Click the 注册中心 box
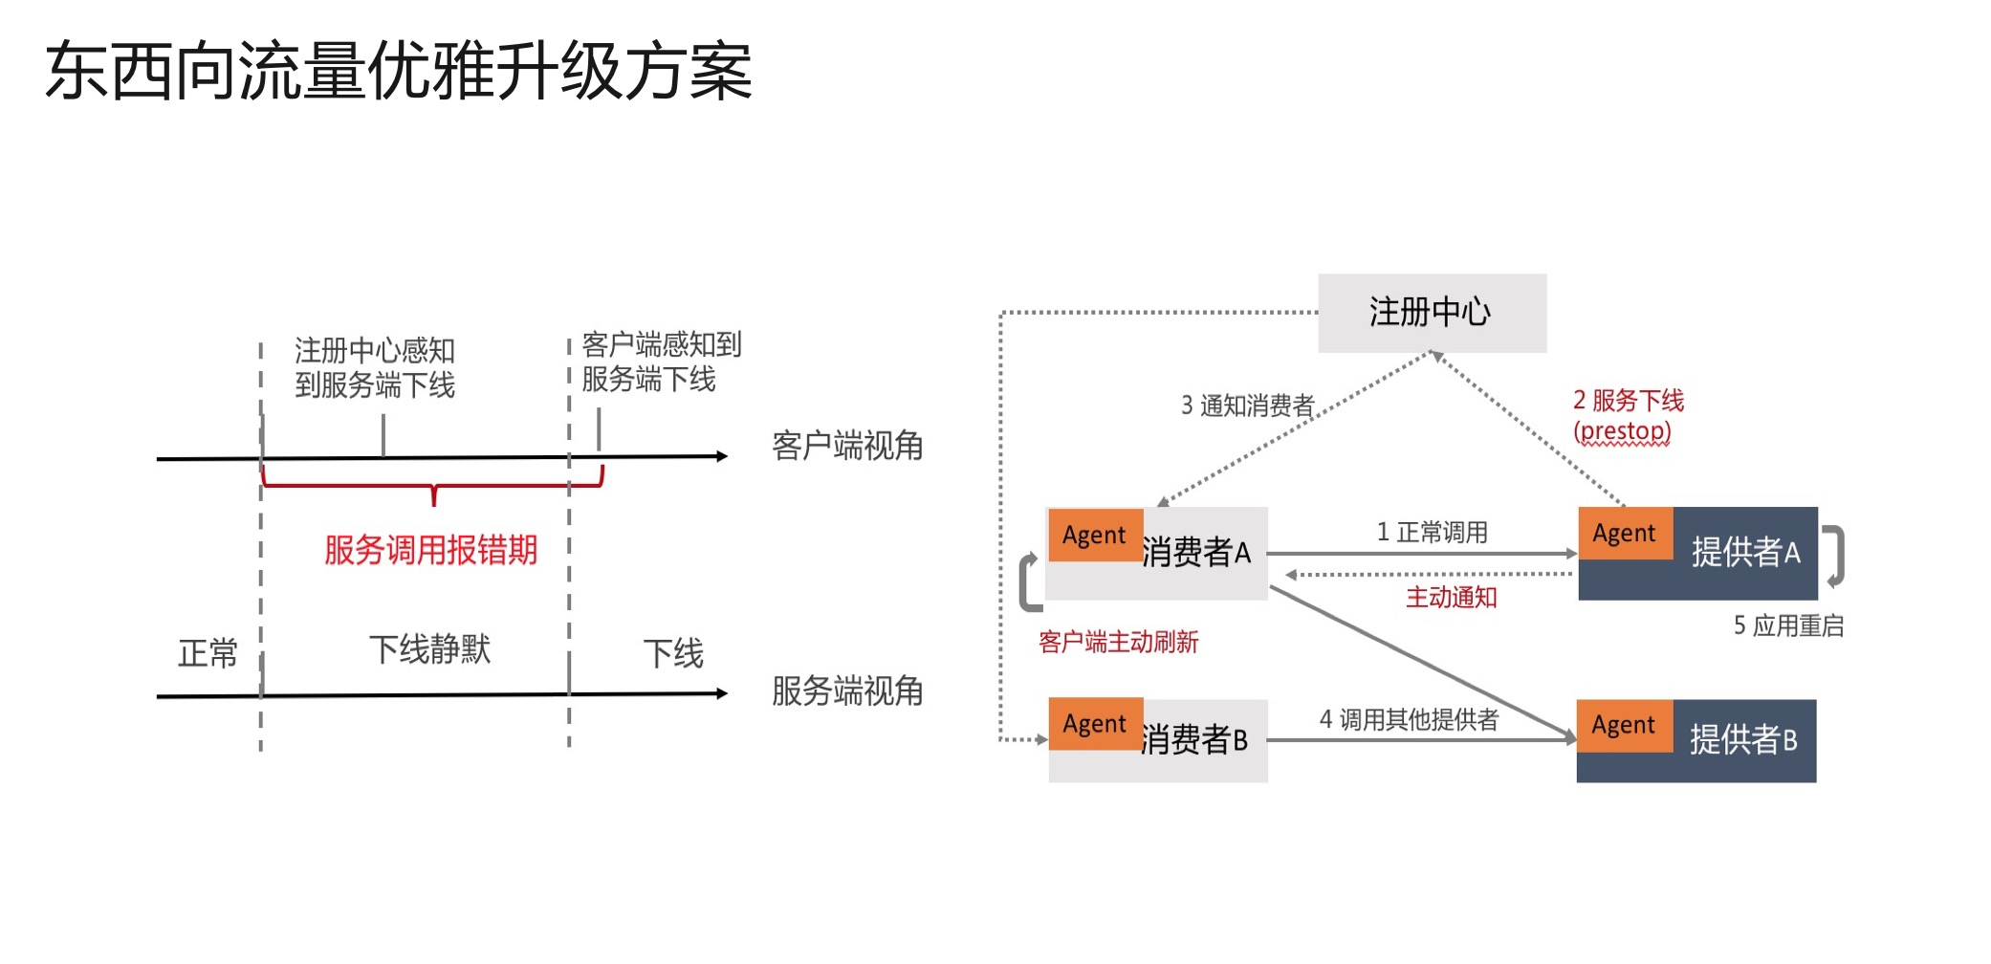[1431, 313]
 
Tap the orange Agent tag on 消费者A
[1095, 535]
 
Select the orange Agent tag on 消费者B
[1095, 724]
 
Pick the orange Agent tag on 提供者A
[1624, 533]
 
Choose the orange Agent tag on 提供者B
[1623, 725]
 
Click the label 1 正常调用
[1432, 532]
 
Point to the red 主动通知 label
[1451, 598]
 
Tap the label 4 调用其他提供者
[1409, 719]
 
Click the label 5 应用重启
[1788, 625]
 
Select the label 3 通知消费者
[1247, 405]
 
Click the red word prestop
[1622, 431]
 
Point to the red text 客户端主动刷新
[1118, 642]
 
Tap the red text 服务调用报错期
[430, 550]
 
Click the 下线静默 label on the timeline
[429, 649]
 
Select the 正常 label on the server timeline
[208, 653]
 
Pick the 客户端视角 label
[847, 446]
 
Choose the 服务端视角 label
[847, 690]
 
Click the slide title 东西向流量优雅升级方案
[399, 71]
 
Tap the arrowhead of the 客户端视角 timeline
[722, 456]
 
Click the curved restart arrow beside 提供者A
[1836, 555]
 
